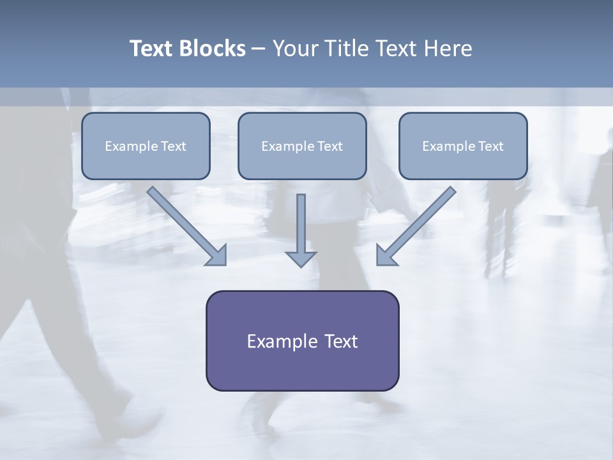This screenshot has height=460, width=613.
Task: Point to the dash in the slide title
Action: click(x=258, y=49)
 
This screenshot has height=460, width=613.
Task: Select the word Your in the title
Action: click(x=295, y=49)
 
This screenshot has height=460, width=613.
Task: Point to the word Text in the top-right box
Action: click(x=491, y=146)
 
